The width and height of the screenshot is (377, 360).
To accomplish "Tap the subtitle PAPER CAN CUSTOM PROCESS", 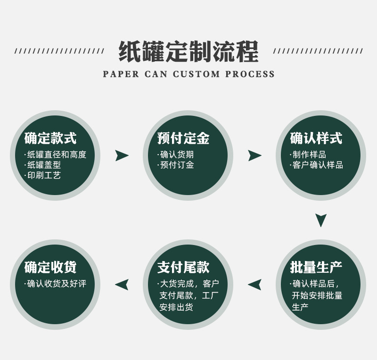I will [188, 74].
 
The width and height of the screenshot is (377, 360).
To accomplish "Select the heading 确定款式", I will [50, 138].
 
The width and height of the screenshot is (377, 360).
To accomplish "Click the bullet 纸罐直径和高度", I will [56, 155].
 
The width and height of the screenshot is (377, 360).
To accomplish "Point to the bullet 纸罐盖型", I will [43, 165].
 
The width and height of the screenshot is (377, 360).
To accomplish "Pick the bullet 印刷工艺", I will [43, 175].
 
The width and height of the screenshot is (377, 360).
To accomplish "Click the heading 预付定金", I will [183, 138].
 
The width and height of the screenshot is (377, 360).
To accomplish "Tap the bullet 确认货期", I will [176, 155].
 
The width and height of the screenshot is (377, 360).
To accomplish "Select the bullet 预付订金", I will [176, 165].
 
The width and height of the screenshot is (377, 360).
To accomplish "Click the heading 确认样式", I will [316, 138].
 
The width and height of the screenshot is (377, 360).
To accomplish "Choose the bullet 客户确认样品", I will [317, 165].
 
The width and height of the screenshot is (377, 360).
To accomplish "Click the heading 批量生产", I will [316, 267].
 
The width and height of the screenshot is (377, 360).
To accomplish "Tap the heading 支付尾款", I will [183, 267].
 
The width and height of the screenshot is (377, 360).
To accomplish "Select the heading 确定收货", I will [50, 267].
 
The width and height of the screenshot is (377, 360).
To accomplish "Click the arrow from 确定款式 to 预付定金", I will [122, 155].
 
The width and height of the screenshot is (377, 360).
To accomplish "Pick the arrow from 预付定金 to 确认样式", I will [254, 155].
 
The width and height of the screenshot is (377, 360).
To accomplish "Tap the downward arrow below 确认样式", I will [321, 220].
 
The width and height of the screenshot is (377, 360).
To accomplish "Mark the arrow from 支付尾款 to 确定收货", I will [122, 284].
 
